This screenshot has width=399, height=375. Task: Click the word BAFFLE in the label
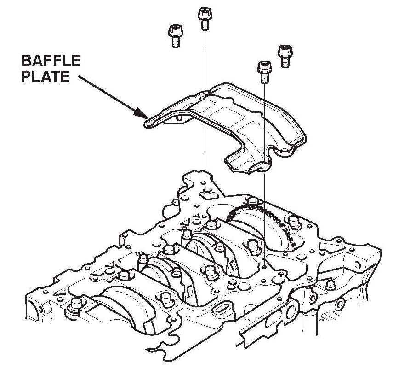pyautogui.click(x=51, y=61)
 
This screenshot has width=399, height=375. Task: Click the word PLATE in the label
pyautogui.click(x=46, y=76)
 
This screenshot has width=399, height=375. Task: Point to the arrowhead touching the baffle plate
pyautogui.click(x=141, y=112)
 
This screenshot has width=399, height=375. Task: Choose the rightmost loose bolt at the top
pyautogui.click(x=285, y=56)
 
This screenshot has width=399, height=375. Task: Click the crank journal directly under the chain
pyautogui.click(x=251, y=230)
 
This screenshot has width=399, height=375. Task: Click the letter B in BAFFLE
pyautogui.click(x=27, y=61)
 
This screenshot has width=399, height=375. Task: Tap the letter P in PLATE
pyautogui.click(x=26, y=76)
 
